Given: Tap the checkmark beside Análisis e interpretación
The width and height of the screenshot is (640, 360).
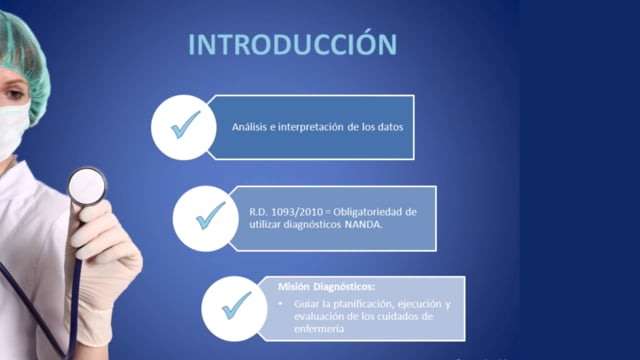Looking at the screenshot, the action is click(x=186, y=125).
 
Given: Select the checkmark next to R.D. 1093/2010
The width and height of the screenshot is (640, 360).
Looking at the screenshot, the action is click(x=211, y=216).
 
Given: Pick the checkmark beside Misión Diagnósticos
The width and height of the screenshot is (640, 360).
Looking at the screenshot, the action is click(x=237, y=306).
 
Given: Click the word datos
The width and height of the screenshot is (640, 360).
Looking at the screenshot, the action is click(x=390, y=127).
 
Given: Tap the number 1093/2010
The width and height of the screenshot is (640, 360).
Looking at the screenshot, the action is click(x=297, y=212).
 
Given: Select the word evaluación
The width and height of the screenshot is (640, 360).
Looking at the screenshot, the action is click(x=318, y=317).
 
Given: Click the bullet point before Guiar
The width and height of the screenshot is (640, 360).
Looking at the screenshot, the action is click(x=280, y=304).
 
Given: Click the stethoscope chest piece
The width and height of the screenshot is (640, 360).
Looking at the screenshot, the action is click(x=87, y=187).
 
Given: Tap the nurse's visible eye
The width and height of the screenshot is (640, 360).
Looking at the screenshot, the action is click(x=14, y=94).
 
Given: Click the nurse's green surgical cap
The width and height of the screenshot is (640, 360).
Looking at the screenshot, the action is click(x=24, y=61).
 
